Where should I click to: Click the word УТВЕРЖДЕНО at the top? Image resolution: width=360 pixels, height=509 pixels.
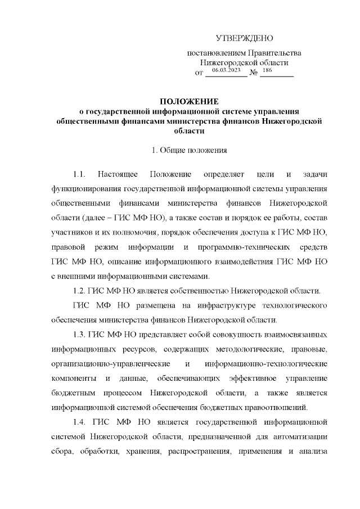point(244,38)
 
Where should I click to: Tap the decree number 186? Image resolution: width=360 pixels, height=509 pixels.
point(267,70)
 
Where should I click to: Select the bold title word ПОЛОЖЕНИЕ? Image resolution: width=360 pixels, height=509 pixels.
point(189,101)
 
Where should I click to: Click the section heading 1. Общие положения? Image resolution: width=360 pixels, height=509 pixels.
point(189,150)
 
